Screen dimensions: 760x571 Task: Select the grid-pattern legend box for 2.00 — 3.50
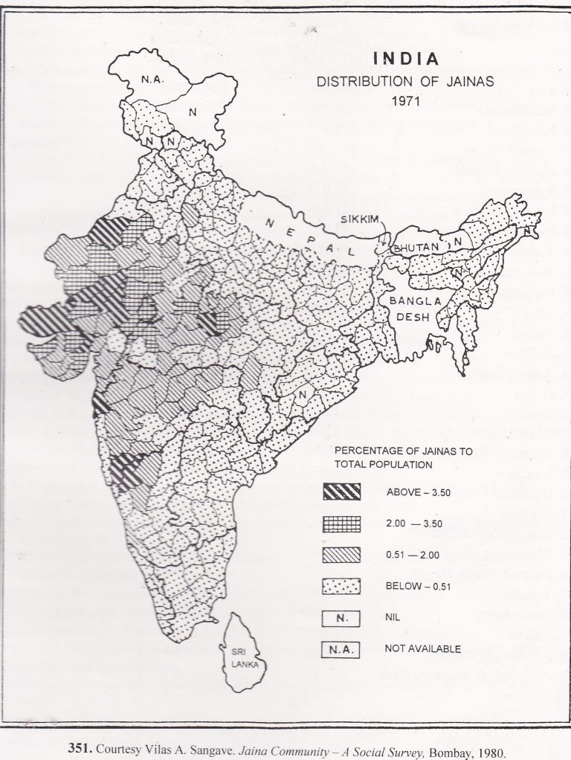(x=341, y=524)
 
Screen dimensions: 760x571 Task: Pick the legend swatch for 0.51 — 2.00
(x=341, y=555)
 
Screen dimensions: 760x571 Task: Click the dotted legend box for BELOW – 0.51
(x=341, y=586)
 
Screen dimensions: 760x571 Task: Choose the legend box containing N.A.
(x=341, y=648)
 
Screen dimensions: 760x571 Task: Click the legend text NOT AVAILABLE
(x=423, y=648)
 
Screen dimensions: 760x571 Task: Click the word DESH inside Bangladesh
(x=401, y=315)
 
